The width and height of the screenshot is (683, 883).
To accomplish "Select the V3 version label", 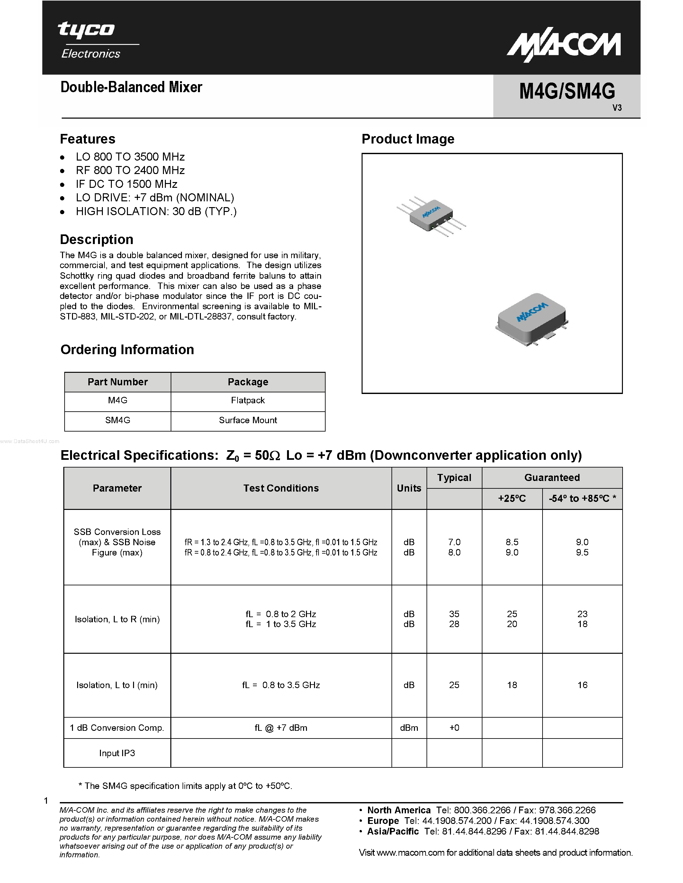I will click(617, 108).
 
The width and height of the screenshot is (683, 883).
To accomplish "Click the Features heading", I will click(87, 139).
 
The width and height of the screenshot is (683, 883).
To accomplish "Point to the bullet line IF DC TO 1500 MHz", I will click(126, 184).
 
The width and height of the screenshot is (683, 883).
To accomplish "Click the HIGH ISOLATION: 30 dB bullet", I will click(156, 212).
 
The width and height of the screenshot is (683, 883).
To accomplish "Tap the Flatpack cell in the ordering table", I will click(247, 401).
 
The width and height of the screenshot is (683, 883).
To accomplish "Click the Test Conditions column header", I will click(281, 488).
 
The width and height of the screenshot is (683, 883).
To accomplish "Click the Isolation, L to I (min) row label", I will click(117, 685).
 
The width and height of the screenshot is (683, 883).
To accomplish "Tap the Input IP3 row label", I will click(117, 753).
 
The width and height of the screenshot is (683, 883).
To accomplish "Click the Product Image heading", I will click(408, 139).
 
